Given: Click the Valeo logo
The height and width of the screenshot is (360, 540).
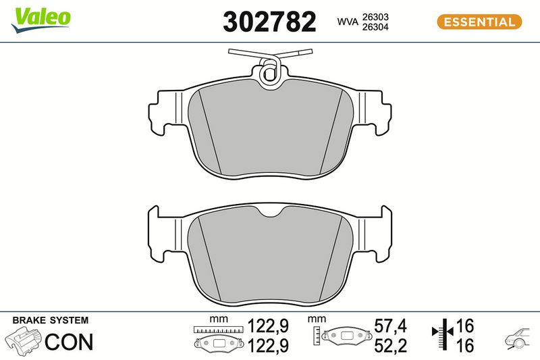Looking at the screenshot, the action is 41,20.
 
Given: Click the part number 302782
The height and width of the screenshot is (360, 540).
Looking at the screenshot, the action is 269,22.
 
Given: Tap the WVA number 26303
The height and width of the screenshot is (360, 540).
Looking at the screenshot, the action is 375,17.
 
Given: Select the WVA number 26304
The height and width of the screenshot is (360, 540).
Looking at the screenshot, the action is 375,27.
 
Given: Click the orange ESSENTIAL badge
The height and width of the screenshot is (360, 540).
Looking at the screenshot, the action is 479,22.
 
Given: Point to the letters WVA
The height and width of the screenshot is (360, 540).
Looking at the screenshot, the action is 348,22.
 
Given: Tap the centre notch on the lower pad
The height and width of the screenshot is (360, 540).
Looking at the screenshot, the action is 271,212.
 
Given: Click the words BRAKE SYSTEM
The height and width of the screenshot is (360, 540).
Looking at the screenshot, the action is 51,320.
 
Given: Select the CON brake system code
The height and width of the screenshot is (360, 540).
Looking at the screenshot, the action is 69,342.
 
